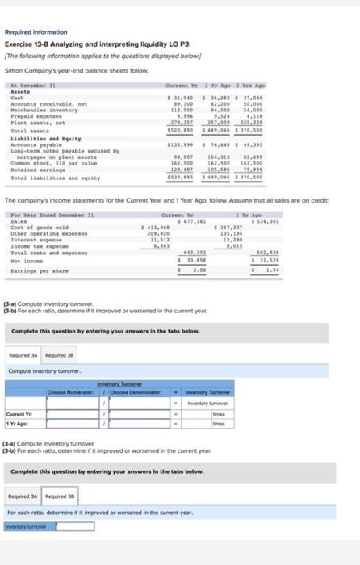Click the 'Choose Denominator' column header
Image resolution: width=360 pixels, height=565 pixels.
[x=138, y=391]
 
